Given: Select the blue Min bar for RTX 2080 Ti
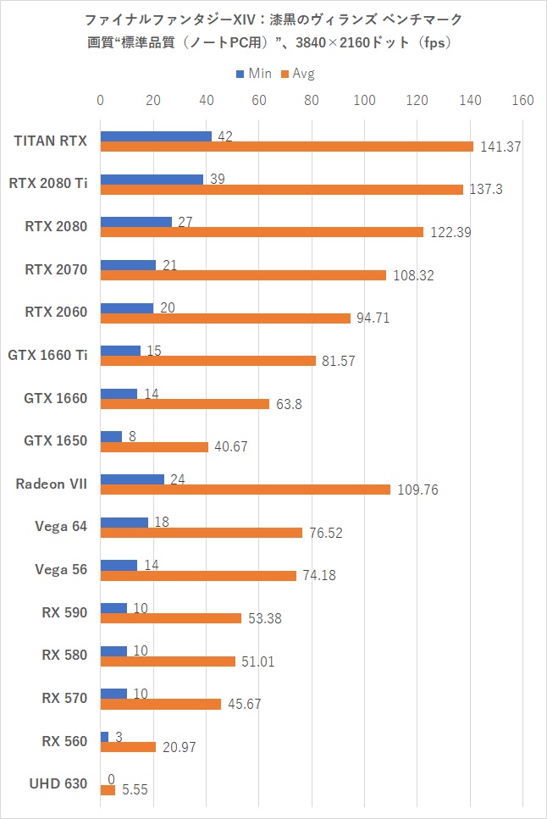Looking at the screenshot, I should click(152, 180).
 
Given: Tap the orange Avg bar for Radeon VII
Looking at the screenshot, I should click(245, 490).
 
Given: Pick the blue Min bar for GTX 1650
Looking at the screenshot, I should click(111, 436).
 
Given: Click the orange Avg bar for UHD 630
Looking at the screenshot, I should click(108, 790).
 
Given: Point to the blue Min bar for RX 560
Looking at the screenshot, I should click(104, 737).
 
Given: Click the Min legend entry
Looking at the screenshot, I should click(253, 74).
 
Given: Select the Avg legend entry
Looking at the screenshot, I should click(297, 74).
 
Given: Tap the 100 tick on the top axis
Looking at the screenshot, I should click(365, 101).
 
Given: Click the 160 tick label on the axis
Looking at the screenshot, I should click(522, 101).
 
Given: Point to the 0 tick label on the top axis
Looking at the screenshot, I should click(101, 101).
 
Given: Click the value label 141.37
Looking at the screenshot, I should click(500, 147).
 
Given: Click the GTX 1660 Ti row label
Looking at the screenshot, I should click(47, 355).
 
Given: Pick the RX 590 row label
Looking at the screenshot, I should click(64, 612).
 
